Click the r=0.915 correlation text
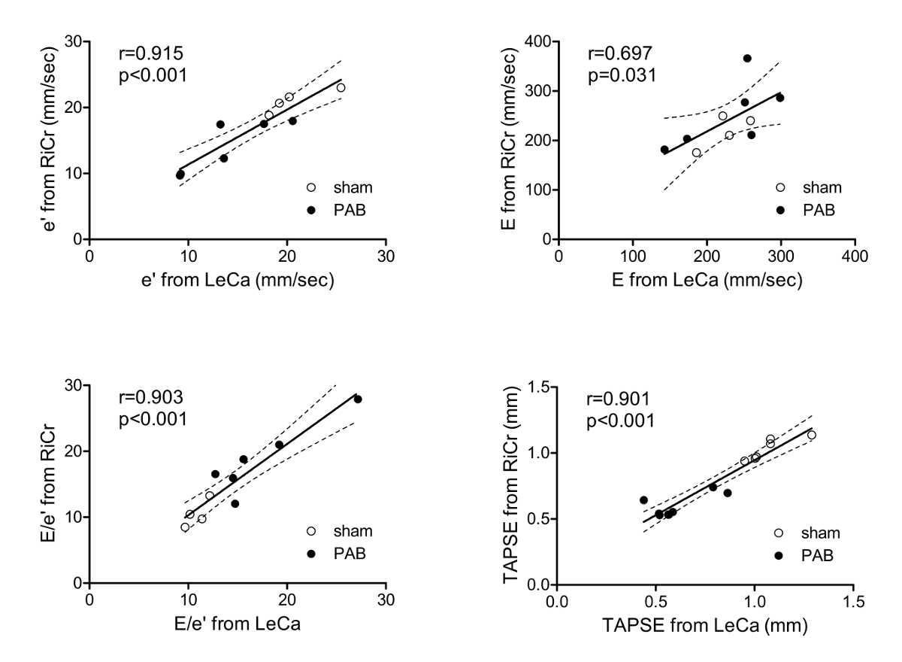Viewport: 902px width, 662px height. click(x=151, y=54)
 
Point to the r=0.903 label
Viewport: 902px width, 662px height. click(x=151, y=398)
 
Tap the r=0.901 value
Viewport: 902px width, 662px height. click(x=619, y=398)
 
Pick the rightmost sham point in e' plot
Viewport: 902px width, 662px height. click(x=341, y=87)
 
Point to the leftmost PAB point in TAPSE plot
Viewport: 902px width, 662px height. click(x=643, y=500)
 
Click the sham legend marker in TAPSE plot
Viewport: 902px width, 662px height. click(x=779, y=533)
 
